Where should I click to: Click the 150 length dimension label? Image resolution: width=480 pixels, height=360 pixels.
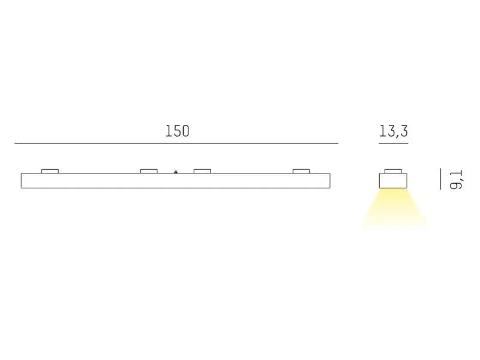click(x=177, y=131)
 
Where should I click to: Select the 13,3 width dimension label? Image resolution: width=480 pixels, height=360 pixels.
click(x=394, y=131)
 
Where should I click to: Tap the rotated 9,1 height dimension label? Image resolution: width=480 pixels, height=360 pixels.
click(x=456, y=179)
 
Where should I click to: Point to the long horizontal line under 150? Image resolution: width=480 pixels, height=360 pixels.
click(x=176, y=143)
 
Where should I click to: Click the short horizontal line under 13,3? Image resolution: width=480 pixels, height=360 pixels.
click(x=394, y=143)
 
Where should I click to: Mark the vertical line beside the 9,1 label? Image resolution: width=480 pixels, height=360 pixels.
click(x=441, y=179)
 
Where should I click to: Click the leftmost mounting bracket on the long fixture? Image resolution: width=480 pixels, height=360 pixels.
click(x=50, y=171)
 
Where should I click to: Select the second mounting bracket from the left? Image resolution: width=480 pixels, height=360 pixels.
click(x=149, y=171)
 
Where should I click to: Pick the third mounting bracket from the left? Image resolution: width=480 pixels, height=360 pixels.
click(x=202, y=171)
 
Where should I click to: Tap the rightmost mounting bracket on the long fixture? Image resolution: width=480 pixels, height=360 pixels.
click(x=301, y=171)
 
